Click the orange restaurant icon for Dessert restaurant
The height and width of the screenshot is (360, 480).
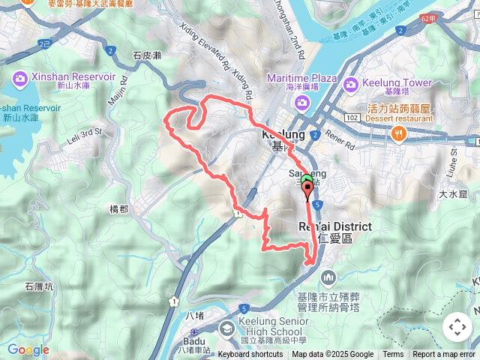399,134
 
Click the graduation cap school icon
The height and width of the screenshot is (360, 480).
226,328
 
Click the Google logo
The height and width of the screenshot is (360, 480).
28,349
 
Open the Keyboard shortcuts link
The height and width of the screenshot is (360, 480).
250,355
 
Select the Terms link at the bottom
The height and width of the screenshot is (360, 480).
393,355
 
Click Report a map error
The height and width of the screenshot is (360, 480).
442,355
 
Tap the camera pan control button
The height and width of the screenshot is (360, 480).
457,327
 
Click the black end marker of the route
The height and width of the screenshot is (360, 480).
307,188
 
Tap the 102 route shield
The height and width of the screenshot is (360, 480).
352,118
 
